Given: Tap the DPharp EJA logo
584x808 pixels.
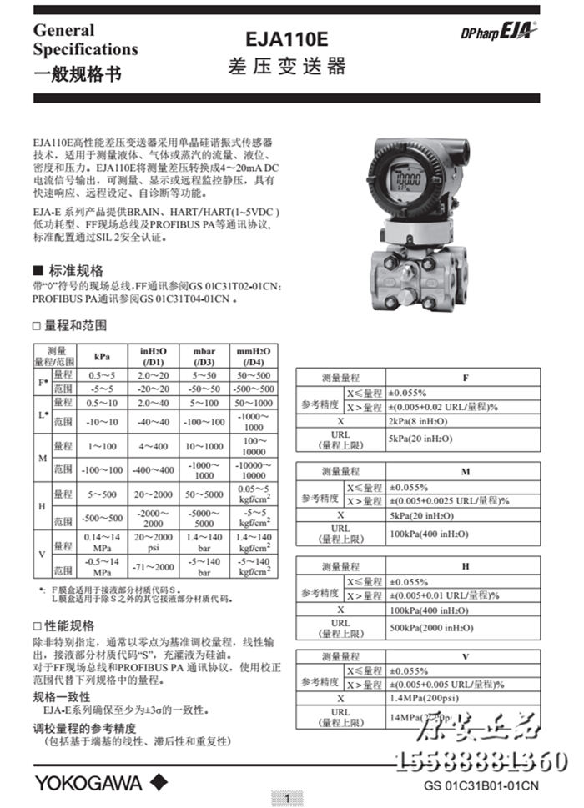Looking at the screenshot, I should click(x=499, y=31).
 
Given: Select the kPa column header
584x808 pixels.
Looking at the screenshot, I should click(x=102, y=357).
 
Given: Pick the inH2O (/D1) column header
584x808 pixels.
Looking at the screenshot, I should click(x=154, y=357).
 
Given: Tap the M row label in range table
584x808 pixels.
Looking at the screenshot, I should click(x=42, y=459).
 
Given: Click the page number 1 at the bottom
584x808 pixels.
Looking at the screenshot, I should click(x=287, y=799).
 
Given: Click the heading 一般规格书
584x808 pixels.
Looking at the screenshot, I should click(x=77, y=74).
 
